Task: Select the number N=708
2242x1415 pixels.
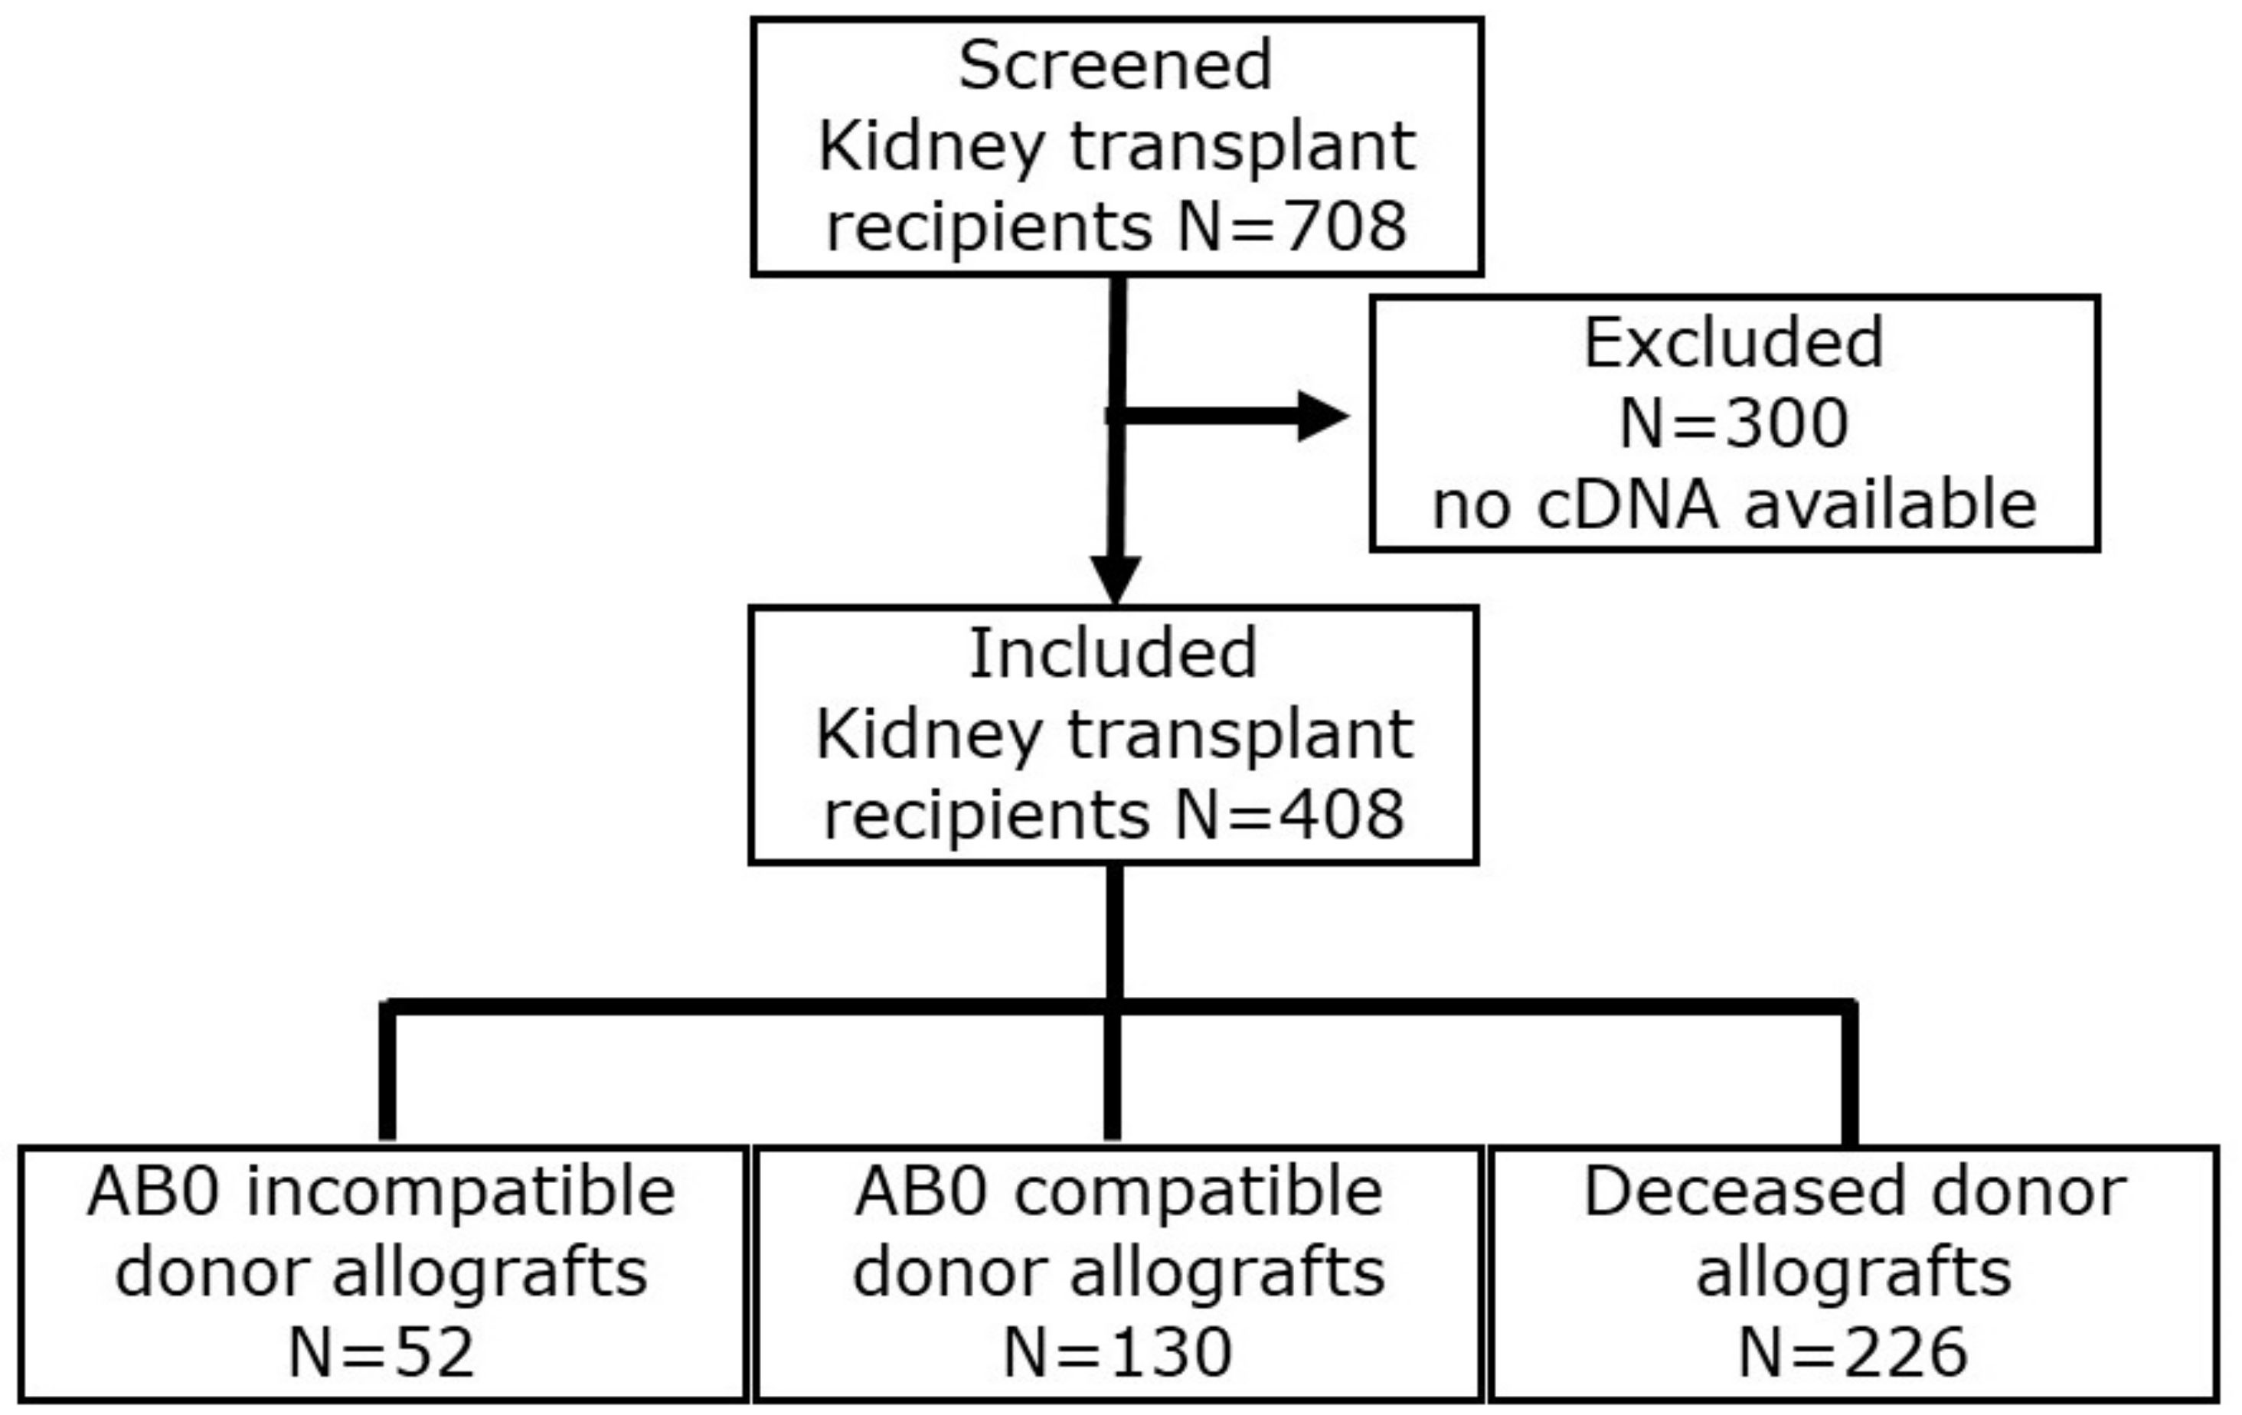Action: point(1293,226)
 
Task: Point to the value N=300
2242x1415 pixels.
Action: point(1734,423)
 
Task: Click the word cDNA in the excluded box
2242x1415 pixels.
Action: point(1626,505)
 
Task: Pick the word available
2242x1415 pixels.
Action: point(1890,505)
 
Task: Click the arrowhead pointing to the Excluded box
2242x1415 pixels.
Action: point(1322,416)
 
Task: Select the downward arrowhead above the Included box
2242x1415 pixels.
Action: point(1116,579)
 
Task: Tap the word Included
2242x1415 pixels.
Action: point(1113,653)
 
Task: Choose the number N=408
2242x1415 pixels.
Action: point(1289,815)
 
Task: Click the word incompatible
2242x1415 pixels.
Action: point(460,1191)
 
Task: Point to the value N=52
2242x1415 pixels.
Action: point(382,1353)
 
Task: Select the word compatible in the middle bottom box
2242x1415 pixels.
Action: point(1198,1191)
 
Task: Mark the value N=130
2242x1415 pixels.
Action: point(1117,1353)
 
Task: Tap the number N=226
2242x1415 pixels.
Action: point(1853,1353)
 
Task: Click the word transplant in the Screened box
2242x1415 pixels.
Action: point(1242,146)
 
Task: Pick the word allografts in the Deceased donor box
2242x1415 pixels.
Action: point(1853,1273)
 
